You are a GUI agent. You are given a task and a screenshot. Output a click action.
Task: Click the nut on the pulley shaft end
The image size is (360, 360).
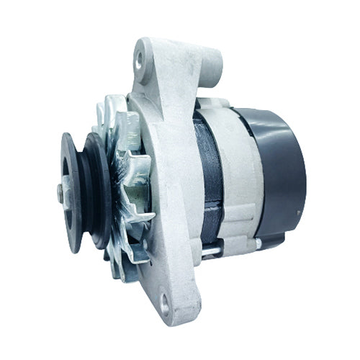(x=60, y=193)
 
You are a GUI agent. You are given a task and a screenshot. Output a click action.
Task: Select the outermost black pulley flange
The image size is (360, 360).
(x=71, y=192)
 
